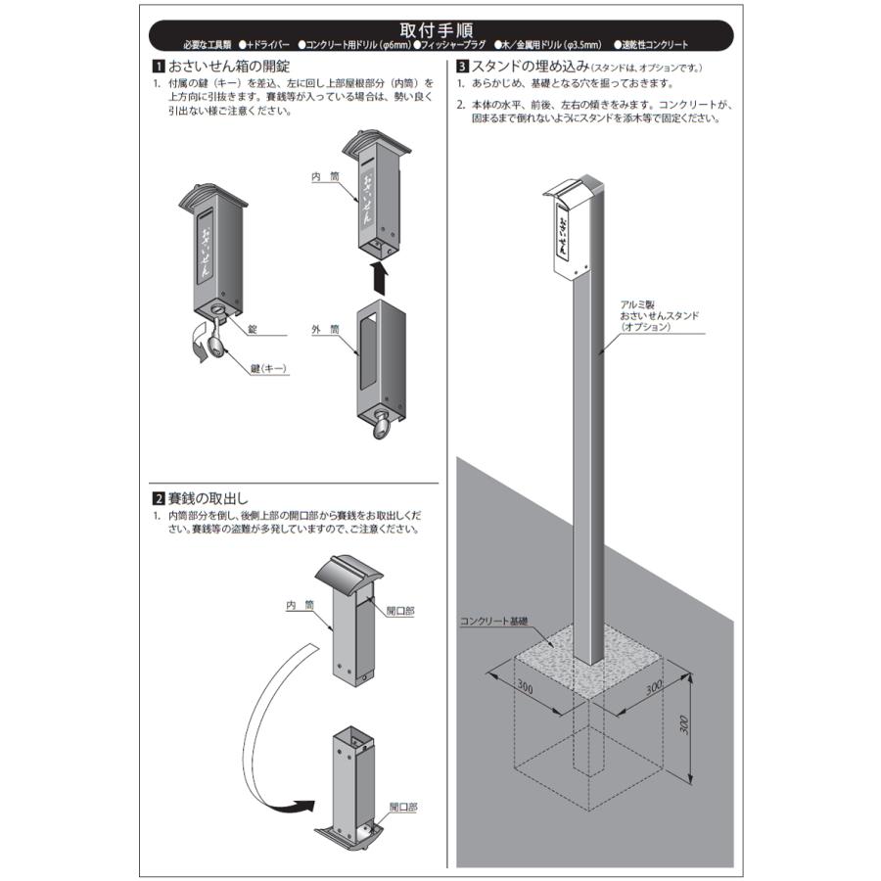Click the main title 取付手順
[x=437, y=29]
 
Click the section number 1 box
[x=159, y=67]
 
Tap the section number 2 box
[x=159, y=498]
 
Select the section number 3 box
[x=462, y=67]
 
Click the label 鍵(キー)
[x=269, y=369]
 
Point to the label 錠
[x=253, y=329]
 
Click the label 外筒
[x=326, y=329]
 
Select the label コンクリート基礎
[x=494, y=622]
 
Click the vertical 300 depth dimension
[x=684, y=724]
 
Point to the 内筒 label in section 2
[x=301, y=605]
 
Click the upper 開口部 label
[x=400, y=611]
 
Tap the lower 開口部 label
[x=403, y=807]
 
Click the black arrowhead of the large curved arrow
[x=304, y=807]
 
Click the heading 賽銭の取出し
[x=208, y=498]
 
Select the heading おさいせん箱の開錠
[x=229, y=67]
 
